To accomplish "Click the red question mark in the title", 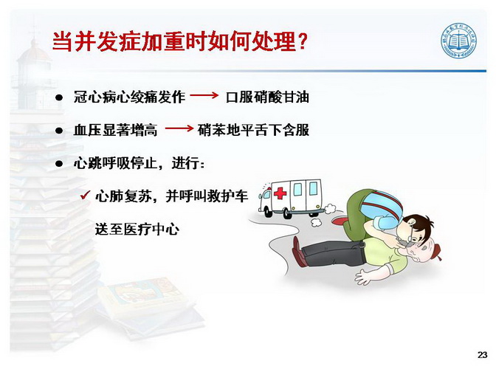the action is [x=303, y=41].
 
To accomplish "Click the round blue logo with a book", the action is [x=459, y=41].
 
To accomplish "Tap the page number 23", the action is [x=482, y=355].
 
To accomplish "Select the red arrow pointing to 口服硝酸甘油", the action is [x=204, y=95].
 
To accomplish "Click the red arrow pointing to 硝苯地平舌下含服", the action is [x=179, y=128].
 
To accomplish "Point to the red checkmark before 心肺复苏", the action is [x=86, y=195].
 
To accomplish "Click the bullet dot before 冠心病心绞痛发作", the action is [x=59, y=97].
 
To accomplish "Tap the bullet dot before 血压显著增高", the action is [x=59, y=131].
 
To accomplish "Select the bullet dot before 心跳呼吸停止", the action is [x=59, y=164].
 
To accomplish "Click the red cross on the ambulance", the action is [x=280, y=193].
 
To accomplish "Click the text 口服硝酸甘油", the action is [x=267, y=97].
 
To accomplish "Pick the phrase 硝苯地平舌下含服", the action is [x=253, y=130].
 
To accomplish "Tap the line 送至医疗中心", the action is [x=137, y=229].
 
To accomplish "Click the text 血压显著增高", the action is [x=115, y=130].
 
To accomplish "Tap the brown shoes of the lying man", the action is [x=298, y=252].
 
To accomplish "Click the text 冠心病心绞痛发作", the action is [x=129, y=97].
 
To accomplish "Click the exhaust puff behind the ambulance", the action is [x=330, y=208].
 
